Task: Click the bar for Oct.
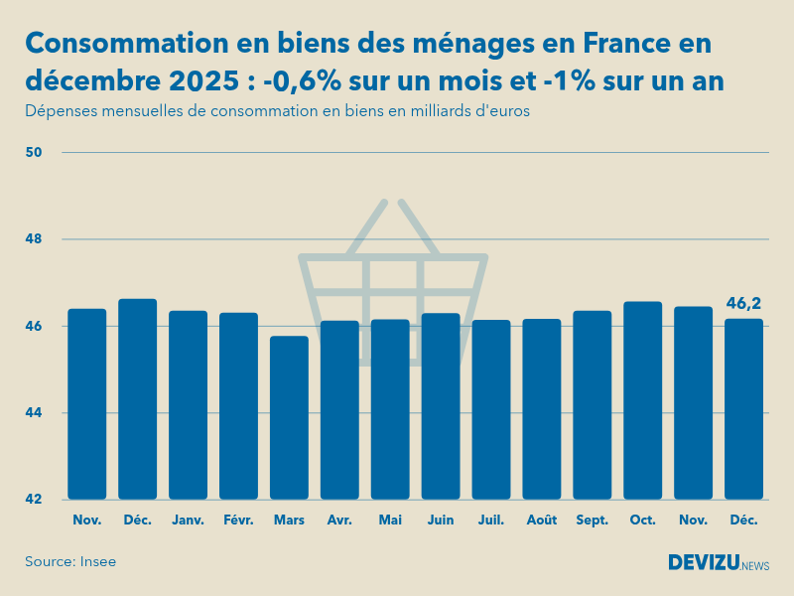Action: tap(643, 399)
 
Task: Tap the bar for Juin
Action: tap(441, 405)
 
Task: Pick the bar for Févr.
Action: tap(238, 405)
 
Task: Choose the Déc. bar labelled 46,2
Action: tap(744, 408)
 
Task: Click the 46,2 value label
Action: tap(744, 303)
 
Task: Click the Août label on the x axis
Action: tap(542, 520)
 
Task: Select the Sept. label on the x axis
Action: tap(593, 520)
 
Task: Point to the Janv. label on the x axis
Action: tap(188, 520)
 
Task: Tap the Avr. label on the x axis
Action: tap(339, 520)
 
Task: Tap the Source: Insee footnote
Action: tap(70, 561)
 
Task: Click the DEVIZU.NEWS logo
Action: tap(718, 563)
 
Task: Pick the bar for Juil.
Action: tap(491, 409)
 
